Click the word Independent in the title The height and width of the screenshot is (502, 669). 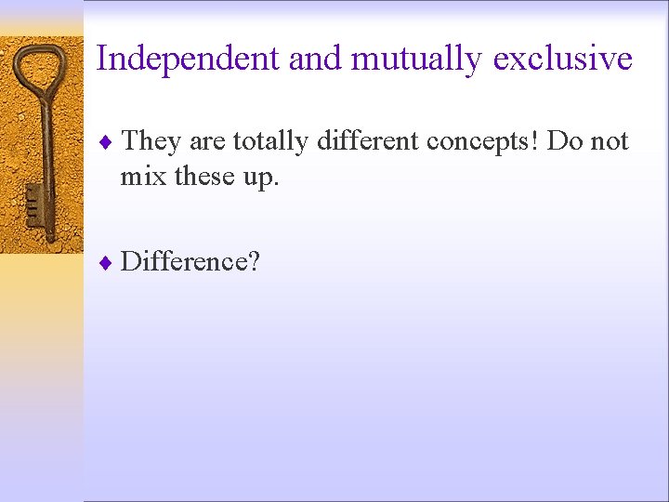point(188,59)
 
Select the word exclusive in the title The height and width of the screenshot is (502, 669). point(563,59)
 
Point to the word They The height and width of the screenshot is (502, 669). point(151,141)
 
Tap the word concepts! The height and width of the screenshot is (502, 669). point(482,142)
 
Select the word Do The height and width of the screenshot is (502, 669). point(566,141)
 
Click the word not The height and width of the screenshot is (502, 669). point(610,141)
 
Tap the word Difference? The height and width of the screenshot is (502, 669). point(190,262)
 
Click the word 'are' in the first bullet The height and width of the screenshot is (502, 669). point(207,142)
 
